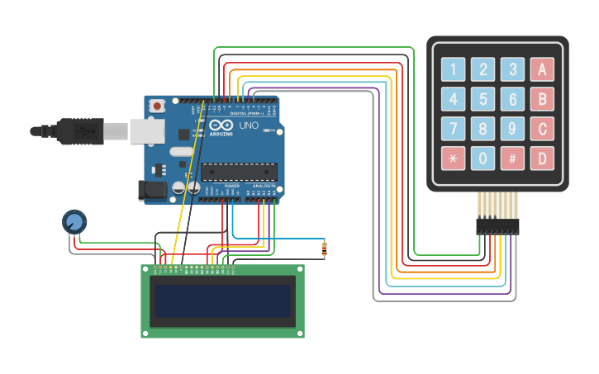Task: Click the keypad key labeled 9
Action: tap(512, 129)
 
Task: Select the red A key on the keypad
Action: tap(542, 69)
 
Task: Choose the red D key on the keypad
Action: tap(542, 158)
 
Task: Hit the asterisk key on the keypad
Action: tap(453, 158)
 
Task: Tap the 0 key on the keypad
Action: tap(483, 158)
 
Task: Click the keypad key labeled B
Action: tap(542, 100)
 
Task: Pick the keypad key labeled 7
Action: tap(453, 129)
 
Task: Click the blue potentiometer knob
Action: tap(74, 221)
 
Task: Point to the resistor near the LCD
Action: tap(324, 247)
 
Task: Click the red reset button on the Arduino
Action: tap(157, 105)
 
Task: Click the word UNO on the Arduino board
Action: tap(249, 126)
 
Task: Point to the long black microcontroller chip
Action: tap(239, 171)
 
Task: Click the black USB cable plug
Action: tap(79, 130)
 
